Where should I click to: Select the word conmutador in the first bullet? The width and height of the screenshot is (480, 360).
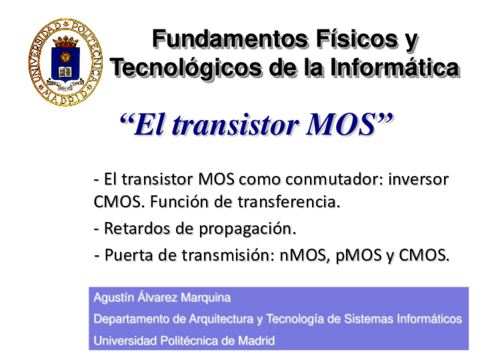tap(320, 180)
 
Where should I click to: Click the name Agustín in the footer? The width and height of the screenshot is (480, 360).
tap(113, 299)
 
